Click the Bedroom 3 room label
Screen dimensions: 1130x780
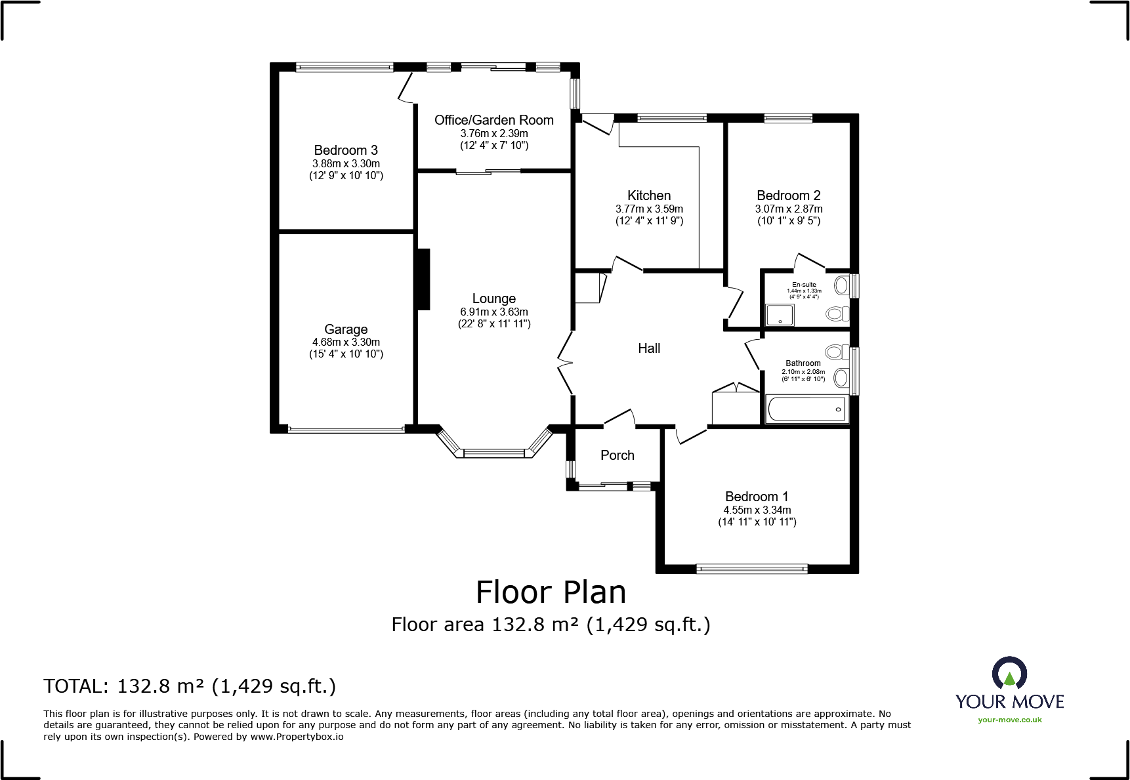coord(346,150)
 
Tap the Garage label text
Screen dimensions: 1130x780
coord(346,329)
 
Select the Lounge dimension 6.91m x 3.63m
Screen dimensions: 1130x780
coord(494,312)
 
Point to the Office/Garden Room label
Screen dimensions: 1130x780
coord(494,120)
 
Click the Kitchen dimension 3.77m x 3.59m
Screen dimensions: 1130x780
coord(649,209)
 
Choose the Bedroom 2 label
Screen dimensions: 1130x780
coord(789,195)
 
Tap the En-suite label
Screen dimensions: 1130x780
coord(804,285)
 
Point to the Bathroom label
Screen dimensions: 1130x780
coord(803,363)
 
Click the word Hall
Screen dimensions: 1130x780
coord(649,348)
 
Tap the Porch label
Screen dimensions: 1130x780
coord(617,455)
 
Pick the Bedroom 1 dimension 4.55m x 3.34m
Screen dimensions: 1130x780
coord(757,510)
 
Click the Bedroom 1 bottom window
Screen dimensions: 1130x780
coord(752,569)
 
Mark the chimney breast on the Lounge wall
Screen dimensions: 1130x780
coord(423,279)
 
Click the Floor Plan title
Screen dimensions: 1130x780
coord(551,592)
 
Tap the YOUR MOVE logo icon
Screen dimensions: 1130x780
coord(1009,674)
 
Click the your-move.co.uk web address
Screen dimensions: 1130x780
coord(1010,720)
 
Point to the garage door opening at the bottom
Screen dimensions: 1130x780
coord(346,430)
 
